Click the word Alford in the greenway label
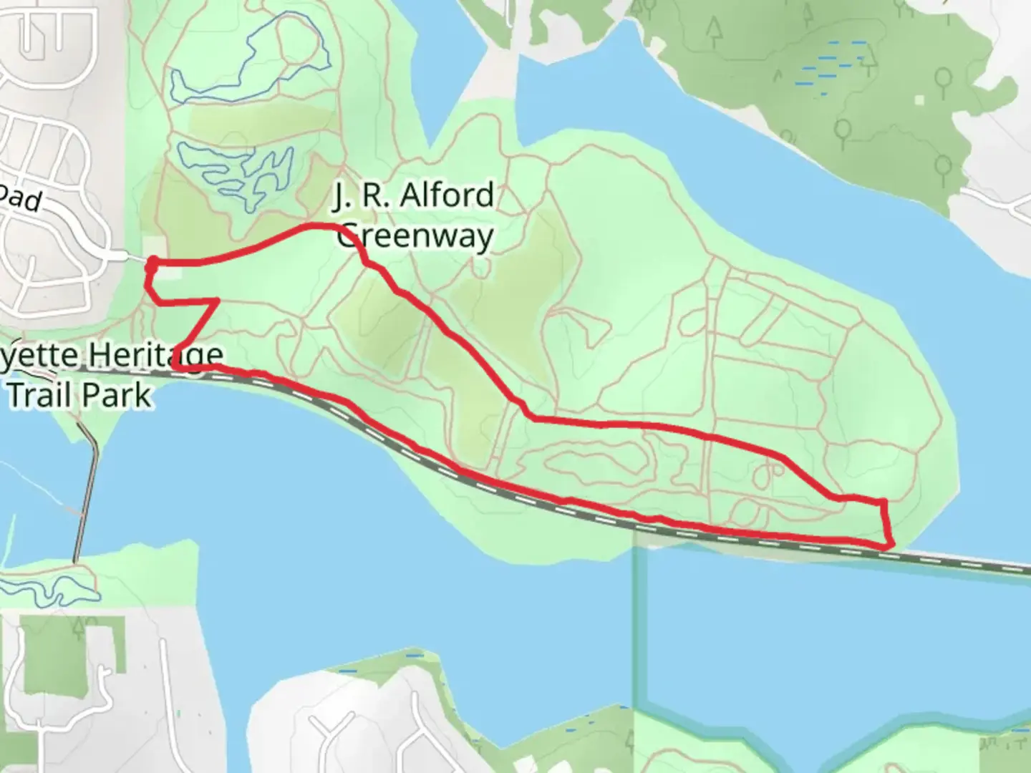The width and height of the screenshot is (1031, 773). pyautogui.click(x=447, y=195)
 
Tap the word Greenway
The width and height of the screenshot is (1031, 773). pyautogui.click(x=415, y=236)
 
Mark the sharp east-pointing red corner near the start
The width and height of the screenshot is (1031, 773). pyautogui.click(x=216, y=302)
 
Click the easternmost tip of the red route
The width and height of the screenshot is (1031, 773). pyautogui.click(x=892, y=545)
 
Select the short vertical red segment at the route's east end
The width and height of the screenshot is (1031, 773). pyautogui.click(x=886, y=519)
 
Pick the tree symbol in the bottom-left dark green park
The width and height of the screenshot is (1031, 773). pyautogui.click(x=77, y=630)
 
